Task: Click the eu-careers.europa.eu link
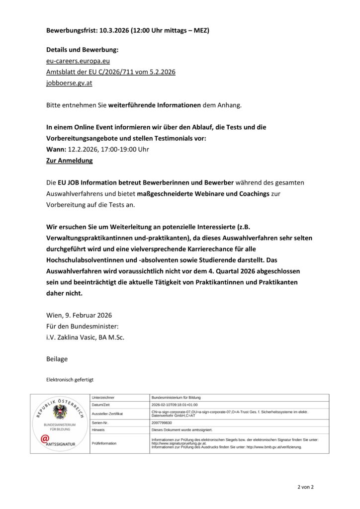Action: [75, 61]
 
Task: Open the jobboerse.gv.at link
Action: [69, 83]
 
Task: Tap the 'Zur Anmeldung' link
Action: [69, 161]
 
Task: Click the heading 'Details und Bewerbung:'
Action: [83, 50]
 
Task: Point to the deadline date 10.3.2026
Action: [113, 31]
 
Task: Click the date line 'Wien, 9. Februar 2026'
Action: [79, 315]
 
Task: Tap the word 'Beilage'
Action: [57, 358]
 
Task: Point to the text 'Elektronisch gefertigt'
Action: [69, 379]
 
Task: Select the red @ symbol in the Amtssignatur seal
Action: [45, 438]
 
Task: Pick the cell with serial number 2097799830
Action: [164, 423]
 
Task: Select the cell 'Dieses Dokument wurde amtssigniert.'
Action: [181, 429]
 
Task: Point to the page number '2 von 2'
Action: [305, 487]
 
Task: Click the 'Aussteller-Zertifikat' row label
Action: [107, 414]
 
